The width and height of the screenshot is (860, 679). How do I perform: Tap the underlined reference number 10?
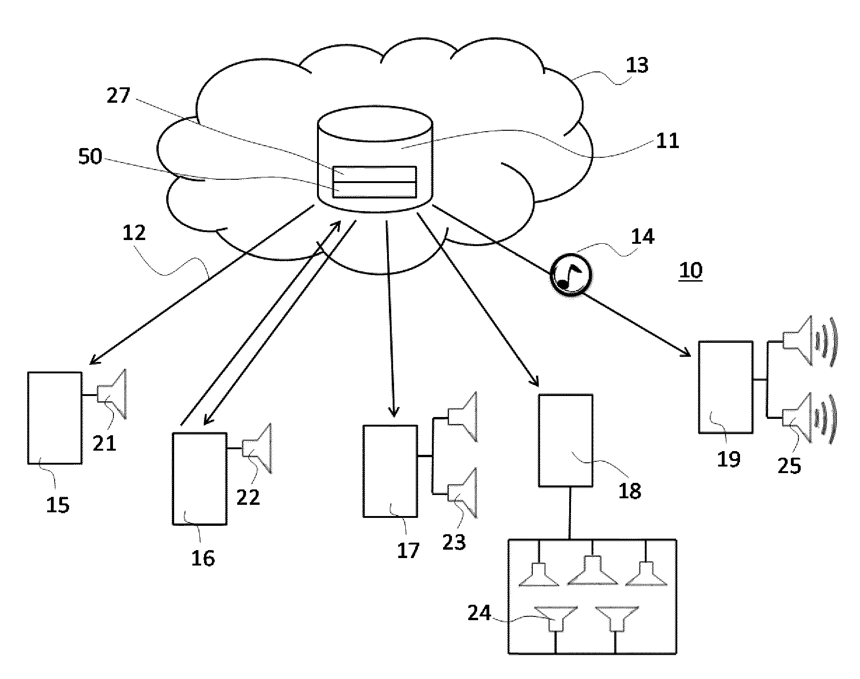click(x=691, y=271)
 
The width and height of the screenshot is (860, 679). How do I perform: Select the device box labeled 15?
click(x=55, y=417)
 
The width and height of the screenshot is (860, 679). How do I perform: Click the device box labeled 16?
click(x=200, y=479)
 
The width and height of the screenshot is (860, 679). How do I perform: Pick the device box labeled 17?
click(x=390, y=471)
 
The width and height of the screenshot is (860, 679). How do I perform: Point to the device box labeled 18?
click(x=566, y=440)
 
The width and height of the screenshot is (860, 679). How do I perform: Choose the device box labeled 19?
click(x=726, y=387)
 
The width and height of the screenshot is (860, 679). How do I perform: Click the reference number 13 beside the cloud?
click(x=637, y=66)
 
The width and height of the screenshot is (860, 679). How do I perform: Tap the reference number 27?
click(x=118, y=96)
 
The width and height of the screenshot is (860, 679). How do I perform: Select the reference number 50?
click(x=90, y=156)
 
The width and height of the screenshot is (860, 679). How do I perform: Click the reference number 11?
click(x=667, y=141)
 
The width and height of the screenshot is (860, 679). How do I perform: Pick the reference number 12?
click(x=134, y=233)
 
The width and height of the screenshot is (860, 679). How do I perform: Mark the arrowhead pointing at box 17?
click(x=394, y=412)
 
